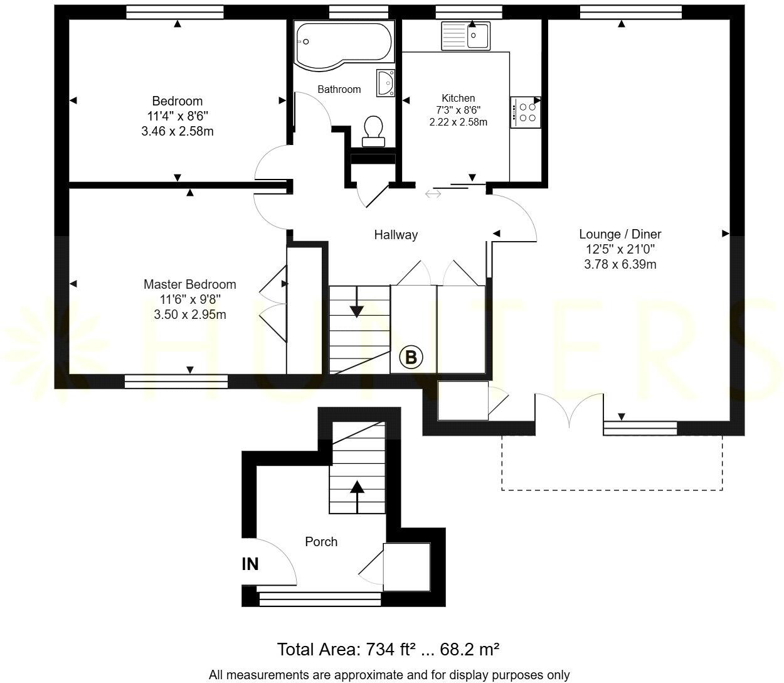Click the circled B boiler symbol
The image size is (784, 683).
(411, 357)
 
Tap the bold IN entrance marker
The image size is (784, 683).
(250, 564)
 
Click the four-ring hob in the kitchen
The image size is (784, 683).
(526, 112)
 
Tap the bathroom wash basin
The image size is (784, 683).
(386, 83)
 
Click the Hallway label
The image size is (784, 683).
(396, 235)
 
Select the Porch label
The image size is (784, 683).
(321, 541)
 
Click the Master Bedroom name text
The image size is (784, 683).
(189, 284)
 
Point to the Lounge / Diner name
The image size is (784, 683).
(620, 234)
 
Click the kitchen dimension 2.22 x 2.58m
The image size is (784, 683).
(458, 122)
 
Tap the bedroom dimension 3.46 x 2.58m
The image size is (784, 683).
(177, 131)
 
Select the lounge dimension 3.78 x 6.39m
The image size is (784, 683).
(620, 264)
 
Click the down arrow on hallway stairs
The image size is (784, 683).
(357, 304)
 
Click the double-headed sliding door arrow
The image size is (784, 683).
(433, 194)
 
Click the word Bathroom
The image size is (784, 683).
(339, 89)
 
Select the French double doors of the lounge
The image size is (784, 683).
(569, 409)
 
